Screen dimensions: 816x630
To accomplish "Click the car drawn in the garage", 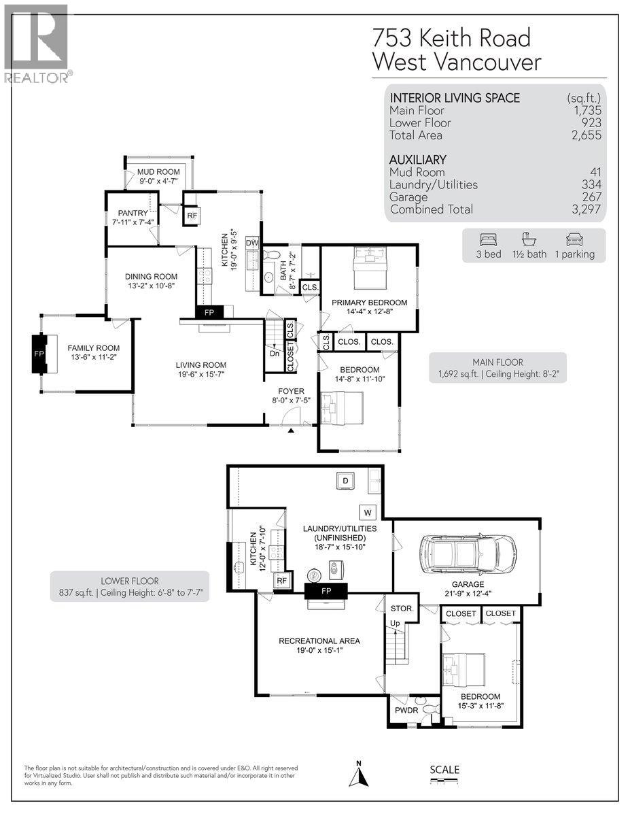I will pos(468,551).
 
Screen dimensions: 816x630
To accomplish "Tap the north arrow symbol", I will pos(359,775).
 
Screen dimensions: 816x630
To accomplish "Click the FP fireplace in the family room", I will pos(39,354).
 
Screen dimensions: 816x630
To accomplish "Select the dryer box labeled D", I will pos(345,481).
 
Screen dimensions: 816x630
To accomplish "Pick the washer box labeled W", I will pos(368,511).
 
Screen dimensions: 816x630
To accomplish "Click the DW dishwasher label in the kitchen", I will pos(251,243).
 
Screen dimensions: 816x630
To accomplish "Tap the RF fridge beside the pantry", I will pos(192,216).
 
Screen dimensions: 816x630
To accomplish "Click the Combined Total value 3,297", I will pos(585,209).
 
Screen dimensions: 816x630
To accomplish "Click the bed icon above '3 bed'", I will pos(489,239).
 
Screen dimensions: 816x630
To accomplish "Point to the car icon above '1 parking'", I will pos(573,239).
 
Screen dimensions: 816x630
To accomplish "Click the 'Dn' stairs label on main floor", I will pos(274,354).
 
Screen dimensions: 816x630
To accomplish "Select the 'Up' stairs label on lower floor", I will pos(393,623).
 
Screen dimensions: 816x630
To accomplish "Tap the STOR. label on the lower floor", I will pos(398,608).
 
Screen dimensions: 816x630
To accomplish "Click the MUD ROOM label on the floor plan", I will pos(158,172).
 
